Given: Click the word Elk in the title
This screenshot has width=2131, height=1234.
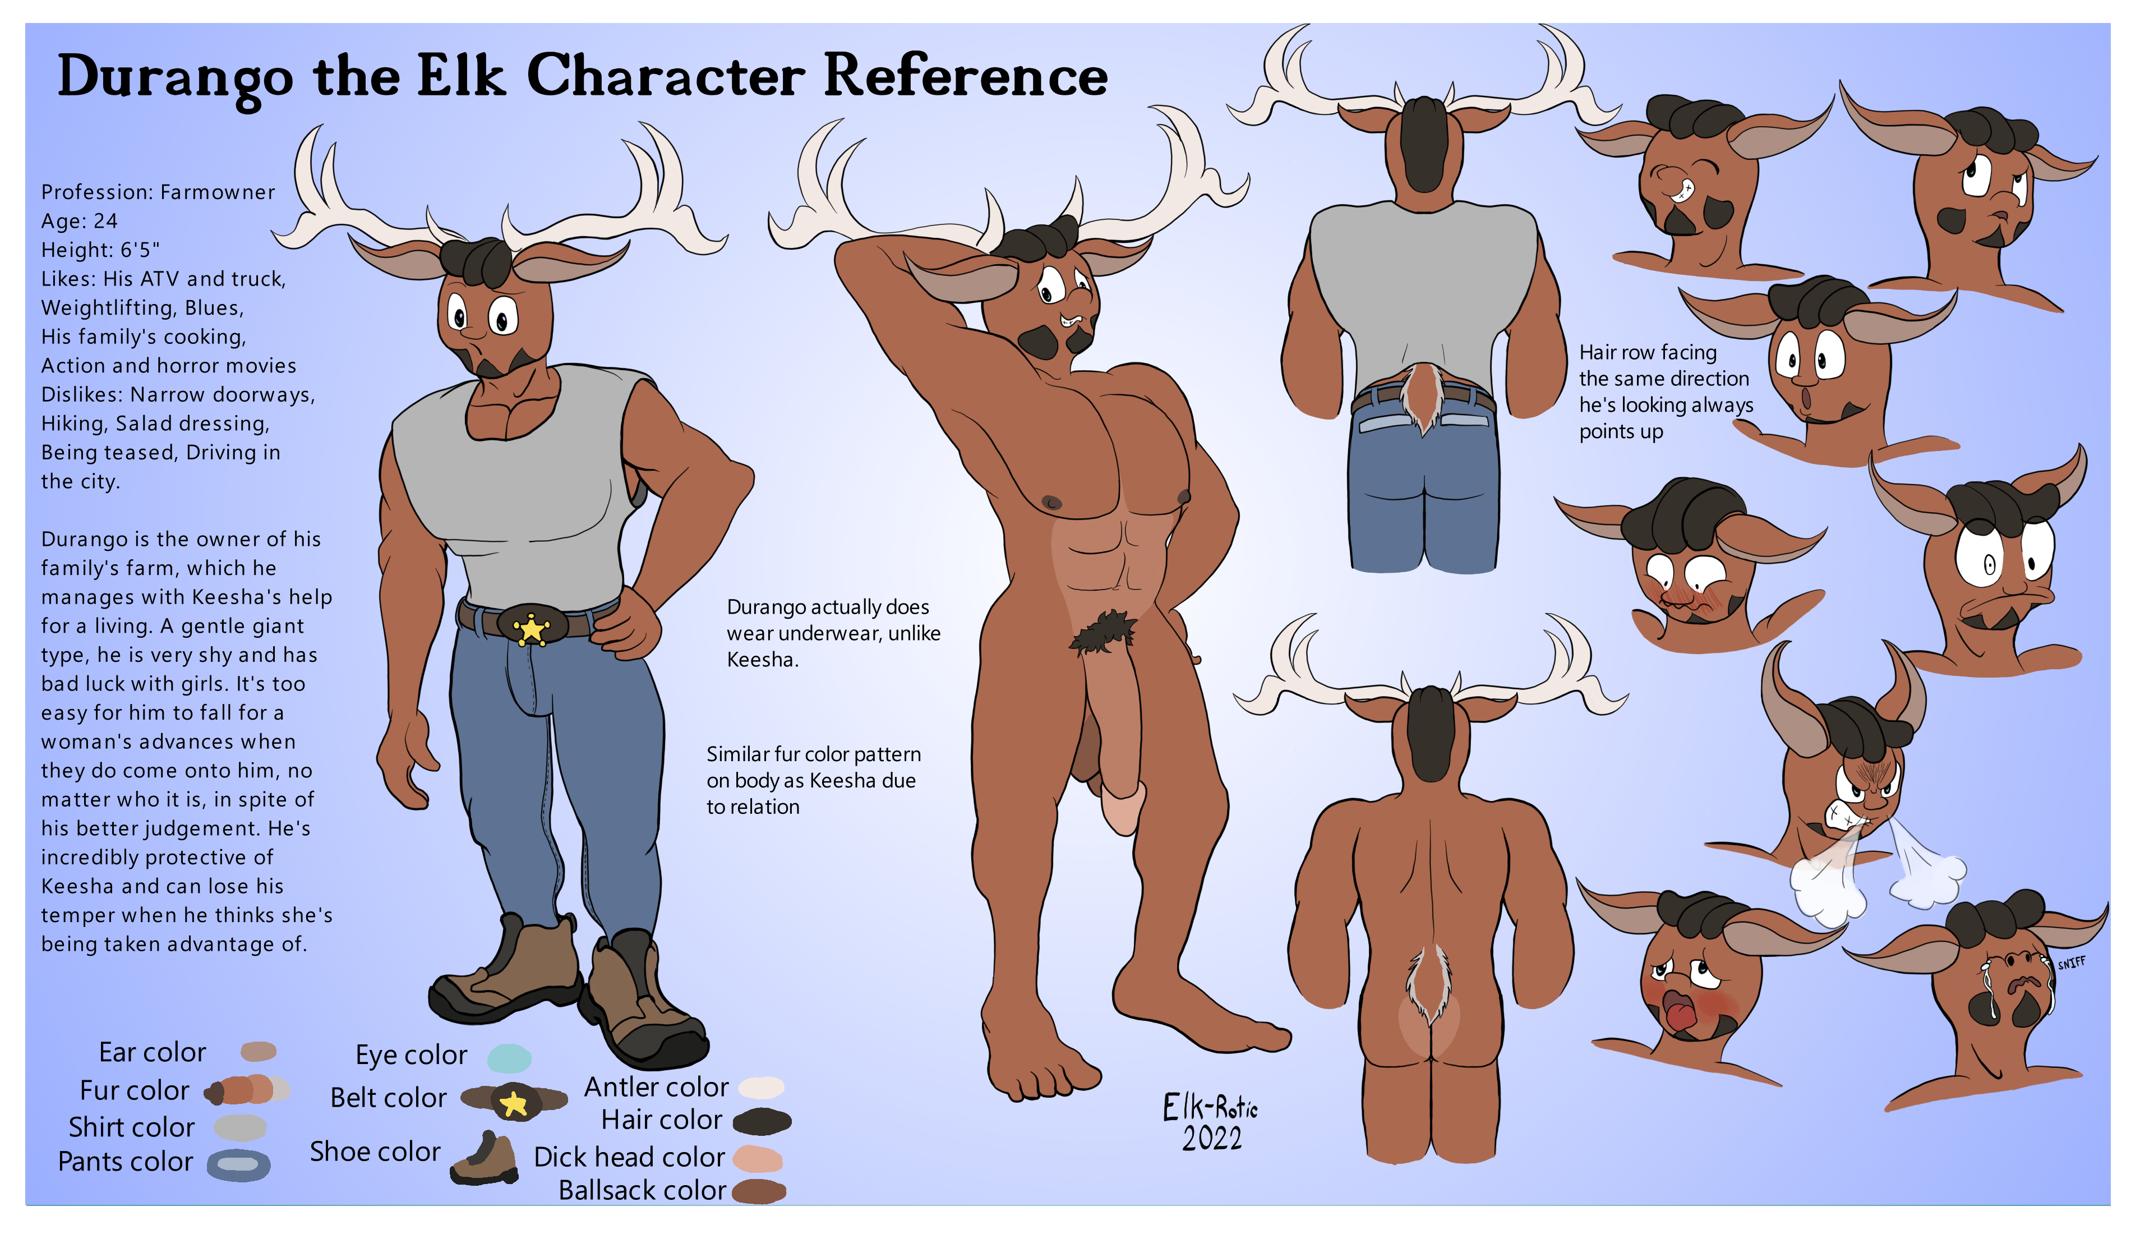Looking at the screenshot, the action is [462, 76].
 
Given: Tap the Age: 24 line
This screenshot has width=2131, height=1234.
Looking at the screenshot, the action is [80, 221].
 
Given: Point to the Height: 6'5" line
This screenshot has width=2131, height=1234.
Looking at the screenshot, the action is [100, 250].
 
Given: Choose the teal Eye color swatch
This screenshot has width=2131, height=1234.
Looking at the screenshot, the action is [509, 1057].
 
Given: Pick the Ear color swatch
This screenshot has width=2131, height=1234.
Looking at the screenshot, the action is [258, 1051].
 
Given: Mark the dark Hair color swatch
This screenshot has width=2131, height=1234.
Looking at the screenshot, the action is [762, 1121].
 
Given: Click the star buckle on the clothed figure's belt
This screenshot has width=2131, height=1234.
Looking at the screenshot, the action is [531, 628].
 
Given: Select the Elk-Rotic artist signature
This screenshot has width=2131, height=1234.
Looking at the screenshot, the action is [1210, 1106].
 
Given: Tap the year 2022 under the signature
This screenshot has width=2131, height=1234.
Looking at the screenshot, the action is [1212, 1139].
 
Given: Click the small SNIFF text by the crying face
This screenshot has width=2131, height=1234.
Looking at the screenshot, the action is [2071, 963].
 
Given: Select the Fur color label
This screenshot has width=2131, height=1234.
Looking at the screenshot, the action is [135, 1090].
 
